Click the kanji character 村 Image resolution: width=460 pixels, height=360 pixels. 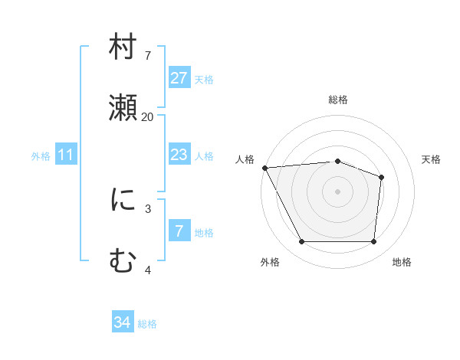(123, 47)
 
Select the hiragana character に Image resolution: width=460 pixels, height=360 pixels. (123, 201)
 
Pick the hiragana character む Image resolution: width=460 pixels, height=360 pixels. (123, 262)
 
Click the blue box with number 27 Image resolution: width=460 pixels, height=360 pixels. (179, 78)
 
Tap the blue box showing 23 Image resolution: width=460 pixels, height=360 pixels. (179, 155)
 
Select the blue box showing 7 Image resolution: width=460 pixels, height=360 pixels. (179, 231)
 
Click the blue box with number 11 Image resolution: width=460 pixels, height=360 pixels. (66, 155)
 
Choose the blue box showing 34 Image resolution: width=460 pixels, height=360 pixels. (123, 322)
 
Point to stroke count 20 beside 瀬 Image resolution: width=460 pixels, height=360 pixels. (147, 116)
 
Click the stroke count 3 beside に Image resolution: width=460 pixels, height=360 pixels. (148, 208)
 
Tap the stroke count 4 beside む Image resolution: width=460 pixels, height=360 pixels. (148, 270)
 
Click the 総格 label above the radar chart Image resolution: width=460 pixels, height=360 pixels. (338, 100)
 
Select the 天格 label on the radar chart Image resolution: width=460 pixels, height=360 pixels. (432, 159)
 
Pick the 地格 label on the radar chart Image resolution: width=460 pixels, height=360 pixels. (402, 263)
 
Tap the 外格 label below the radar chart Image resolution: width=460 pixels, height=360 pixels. (270, 263)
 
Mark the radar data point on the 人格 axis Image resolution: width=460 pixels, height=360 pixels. (264, 168)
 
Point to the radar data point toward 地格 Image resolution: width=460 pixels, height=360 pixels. (374, 242)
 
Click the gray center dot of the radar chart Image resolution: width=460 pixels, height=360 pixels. (338, 191)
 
